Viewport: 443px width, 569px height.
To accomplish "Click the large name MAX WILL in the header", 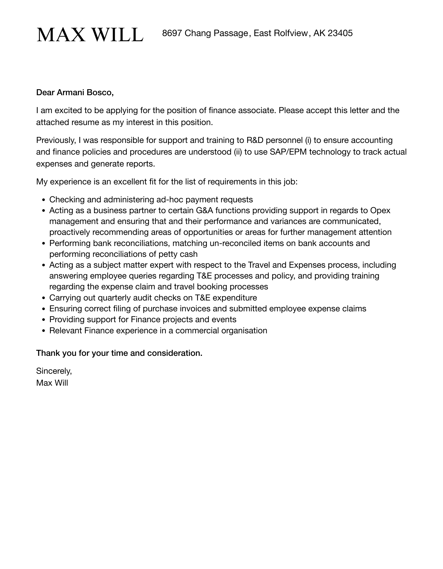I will click(90, 35).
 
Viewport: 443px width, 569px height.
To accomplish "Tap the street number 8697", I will click(172, 33).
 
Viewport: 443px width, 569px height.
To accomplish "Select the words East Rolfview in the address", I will click(281, 33).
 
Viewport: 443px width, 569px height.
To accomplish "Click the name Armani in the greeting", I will click(71, 92).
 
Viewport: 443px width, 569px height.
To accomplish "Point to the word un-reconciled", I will click(235, 243).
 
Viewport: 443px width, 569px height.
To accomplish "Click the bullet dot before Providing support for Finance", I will click(44, 320).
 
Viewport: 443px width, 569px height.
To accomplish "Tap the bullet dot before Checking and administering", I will click(44, 200).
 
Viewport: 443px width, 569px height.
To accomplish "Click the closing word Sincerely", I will click(54, 370).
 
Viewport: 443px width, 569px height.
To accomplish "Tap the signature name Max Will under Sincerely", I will click(52, 383).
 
